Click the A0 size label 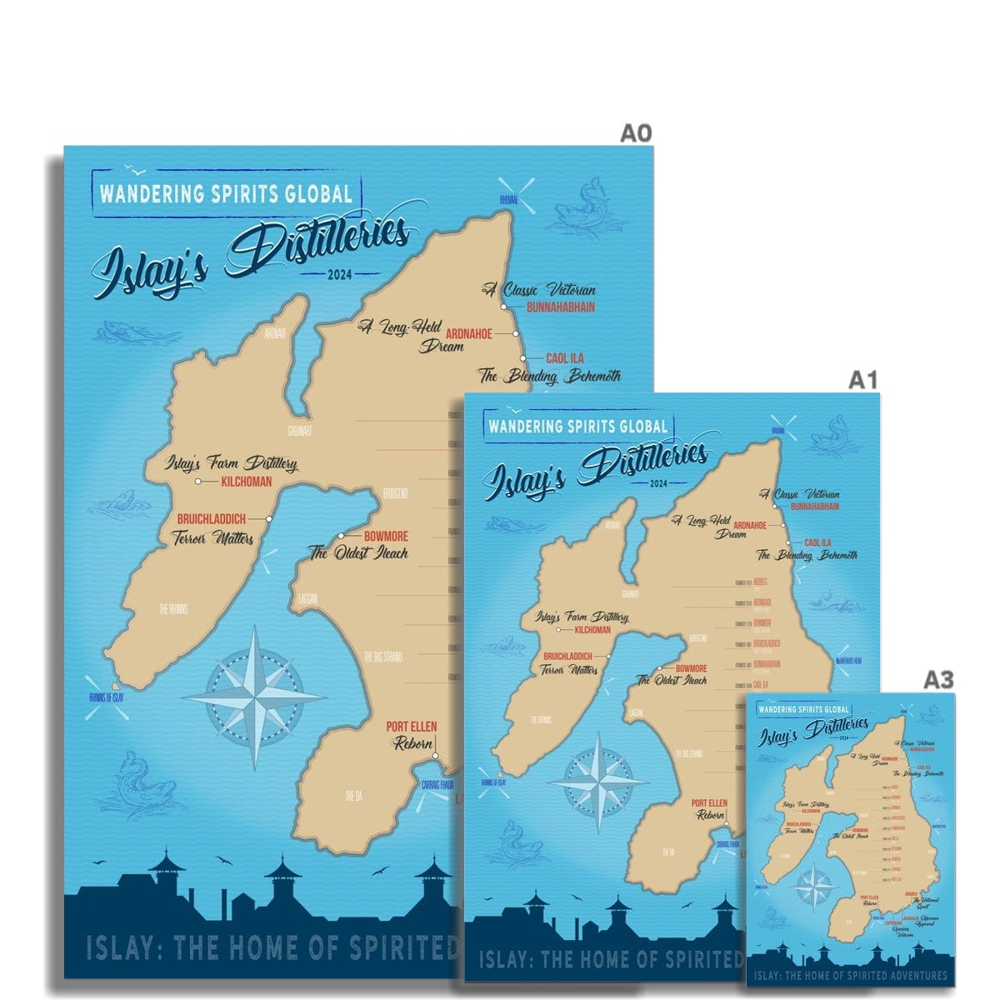point(634,134)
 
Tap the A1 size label point(863,381)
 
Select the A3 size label point(938,680)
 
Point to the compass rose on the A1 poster point(597,782)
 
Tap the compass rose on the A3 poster point(810,887)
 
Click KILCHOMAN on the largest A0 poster point(246,482)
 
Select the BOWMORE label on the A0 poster point(386,537)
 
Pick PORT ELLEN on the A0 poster point(411,727)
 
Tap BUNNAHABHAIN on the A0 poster point(561,307)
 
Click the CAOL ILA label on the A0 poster point(565,358)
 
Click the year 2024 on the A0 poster point(340,274)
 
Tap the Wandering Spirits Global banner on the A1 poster point(578,427)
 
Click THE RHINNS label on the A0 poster point(173,609)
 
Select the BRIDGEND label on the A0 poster point(395,493)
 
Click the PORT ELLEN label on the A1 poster point(709,803)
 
